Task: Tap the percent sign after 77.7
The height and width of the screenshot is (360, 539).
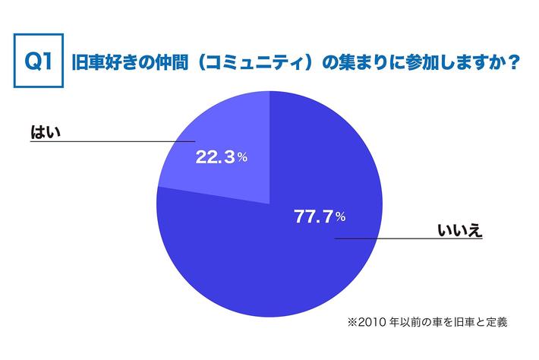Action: [x=341, y=218]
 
